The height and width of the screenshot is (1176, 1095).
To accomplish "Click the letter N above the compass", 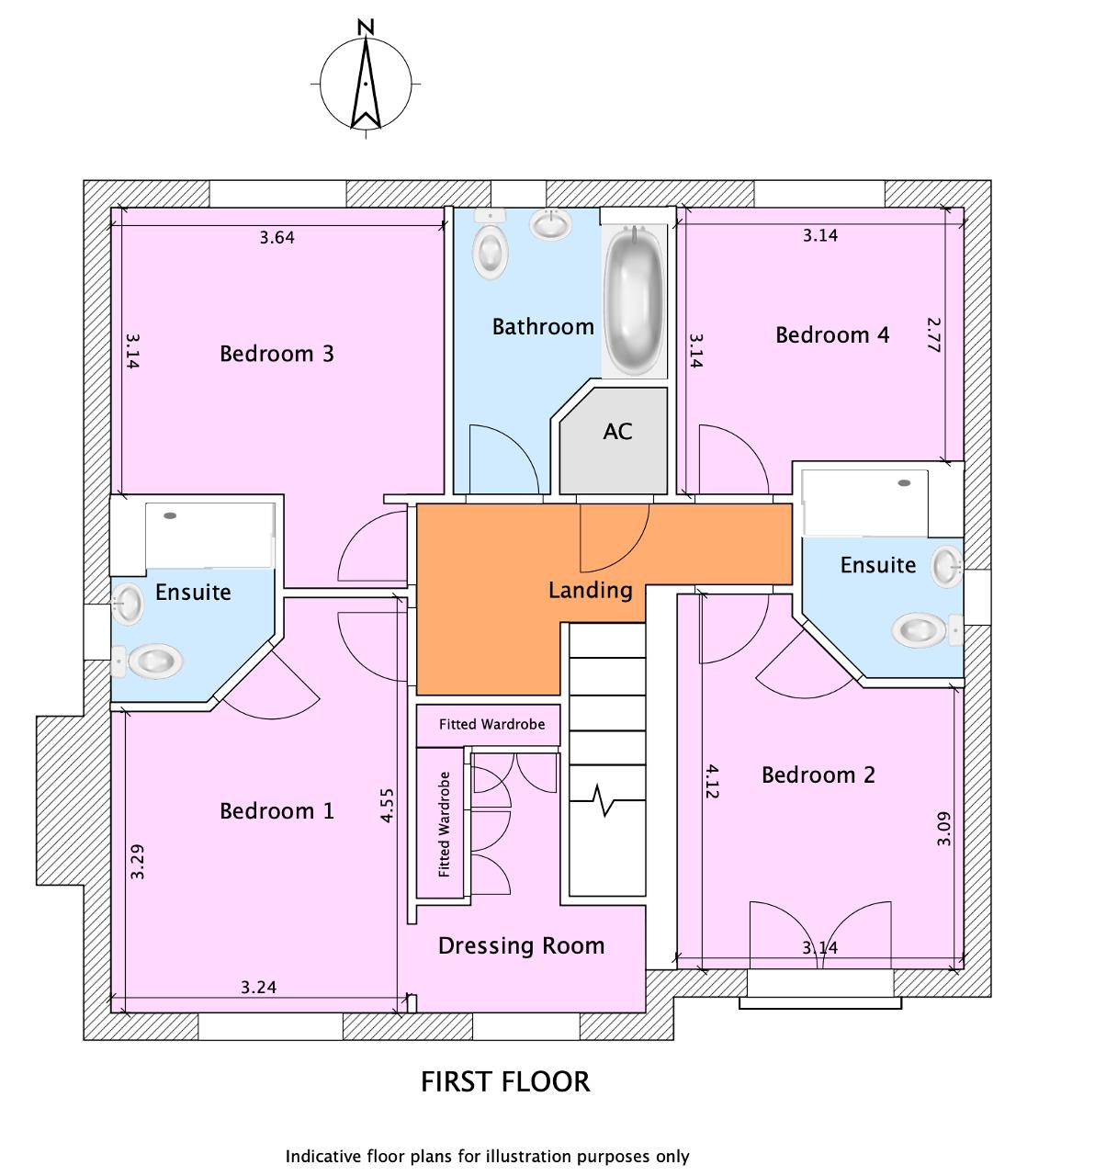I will click(367, 27).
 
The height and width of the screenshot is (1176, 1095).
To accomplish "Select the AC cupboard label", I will click(617, 431).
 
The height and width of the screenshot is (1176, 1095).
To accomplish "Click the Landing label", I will click(590, 590).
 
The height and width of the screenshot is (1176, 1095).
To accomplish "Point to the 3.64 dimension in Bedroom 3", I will click(277, 237).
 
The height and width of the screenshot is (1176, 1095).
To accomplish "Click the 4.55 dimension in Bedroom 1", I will click(387, 806).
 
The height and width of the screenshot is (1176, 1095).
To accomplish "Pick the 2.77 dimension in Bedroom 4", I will click(934, 335).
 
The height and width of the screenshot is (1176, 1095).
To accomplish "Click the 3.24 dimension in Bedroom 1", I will click(258, 989).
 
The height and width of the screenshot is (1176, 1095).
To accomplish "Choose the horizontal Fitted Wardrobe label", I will click(491, 725).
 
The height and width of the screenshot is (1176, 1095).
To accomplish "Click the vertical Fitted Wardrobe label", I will click(445, 824).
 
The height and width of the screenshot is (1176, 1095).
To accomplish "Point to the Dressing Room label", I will click(521, 945).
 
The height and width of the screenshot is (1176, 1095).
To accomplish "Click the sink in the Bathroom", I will click(551, 223).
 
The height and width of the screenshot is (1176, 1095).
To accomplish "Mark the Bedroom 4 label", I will click(832, 334).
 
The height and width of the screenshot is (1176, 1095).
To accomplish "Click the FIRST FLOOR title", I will click(505, 1081).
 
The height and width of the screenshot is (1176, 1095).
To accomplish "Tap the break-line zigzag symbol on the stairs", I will click(604, 800).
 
